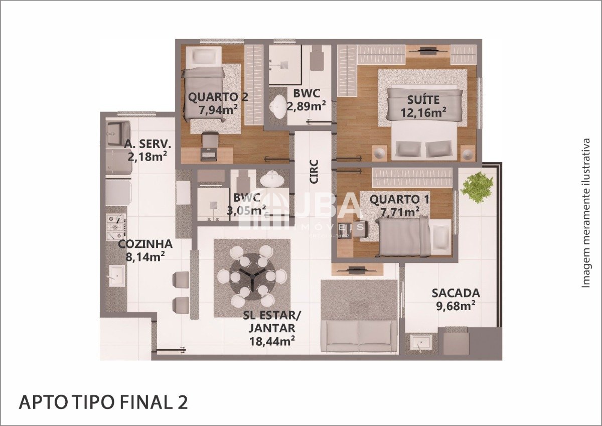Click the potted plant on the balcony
tap(477, 187)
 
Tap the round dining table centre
tap(253, 276)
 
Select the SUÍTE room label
tap(423, 100)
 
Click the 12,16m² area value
tap(423, 112)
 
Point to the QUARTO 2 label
tap(218, 97)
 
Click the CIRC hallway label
tap(314, 172)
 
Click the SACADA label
tap(456, 293)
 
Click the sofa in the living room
tap(359, 336)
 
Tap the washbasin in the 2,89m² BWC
tap(278, 106)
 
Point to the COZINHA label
tap(145, 244)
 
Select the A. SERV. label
tap(147, 145)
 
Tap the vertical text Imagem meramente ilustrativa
tap(586, 213)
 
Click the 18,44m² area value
tap(272, 341)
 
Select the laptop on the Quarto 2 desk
tap(209, 154)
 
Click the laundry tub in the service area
tap(118, 133)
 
